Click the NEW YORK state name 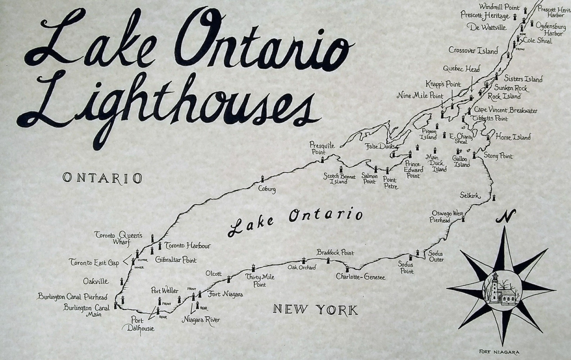coord(315,309)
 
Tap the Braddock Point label coord(335,253)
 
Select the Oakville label coord(96,281)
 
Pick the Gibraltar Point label coord(176,260)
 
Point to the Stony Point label coord(498,156)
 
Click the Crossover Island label coord(473,50)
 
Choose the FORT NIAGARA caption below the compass coord(501,352)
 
